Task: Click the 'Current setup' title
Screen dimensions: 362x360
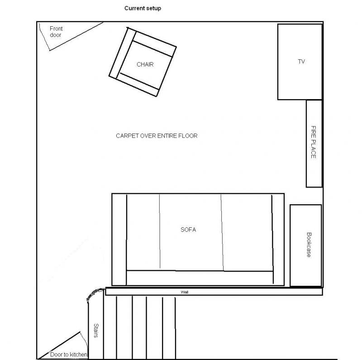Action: [x=143, y=8]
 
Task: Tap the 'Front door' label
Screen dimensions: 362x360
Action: [x=56, y=32]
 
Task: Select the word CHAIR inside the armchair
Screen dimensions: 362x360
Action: [x=145, y=64]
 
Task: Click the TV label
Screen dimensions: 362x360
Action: [x=301, y=62]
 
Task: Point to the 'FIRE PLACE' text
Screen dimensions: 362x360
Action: [x=313, y=142]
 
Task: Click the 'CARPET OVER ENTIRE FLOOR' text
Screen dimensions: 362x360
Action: [x=157, y=136]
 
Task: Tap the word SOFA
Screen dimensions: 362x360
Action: [x=188, y=230]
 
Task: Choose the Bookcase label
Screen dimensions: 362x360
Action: [x=309, y=245]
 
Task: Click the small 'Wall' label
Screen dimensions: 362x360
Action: [x=185, y=292]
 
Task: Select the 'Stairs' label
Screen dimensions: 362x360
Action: [x=96, y=331]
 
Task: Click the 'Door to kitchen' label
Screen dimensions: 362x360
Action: [x=69, y=355]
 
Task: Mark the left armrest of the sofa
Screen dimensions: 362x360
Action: [x=119, y=240]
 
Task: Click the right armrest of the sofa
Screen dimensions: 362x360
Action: [x=278, y=240]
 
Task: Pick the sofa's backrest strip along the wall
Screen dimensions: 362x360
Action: [x=200, y=278]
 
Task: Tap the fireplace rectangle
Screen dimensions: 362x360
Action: [x=314, y=144]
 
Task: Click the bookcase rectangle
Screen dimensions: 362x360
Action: [x=306, y=245]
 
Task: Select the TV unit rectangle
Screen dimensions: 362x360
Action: [x=300, y=62]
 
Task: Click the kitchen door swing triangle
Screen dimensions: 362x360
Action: [x=63, y=346]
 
